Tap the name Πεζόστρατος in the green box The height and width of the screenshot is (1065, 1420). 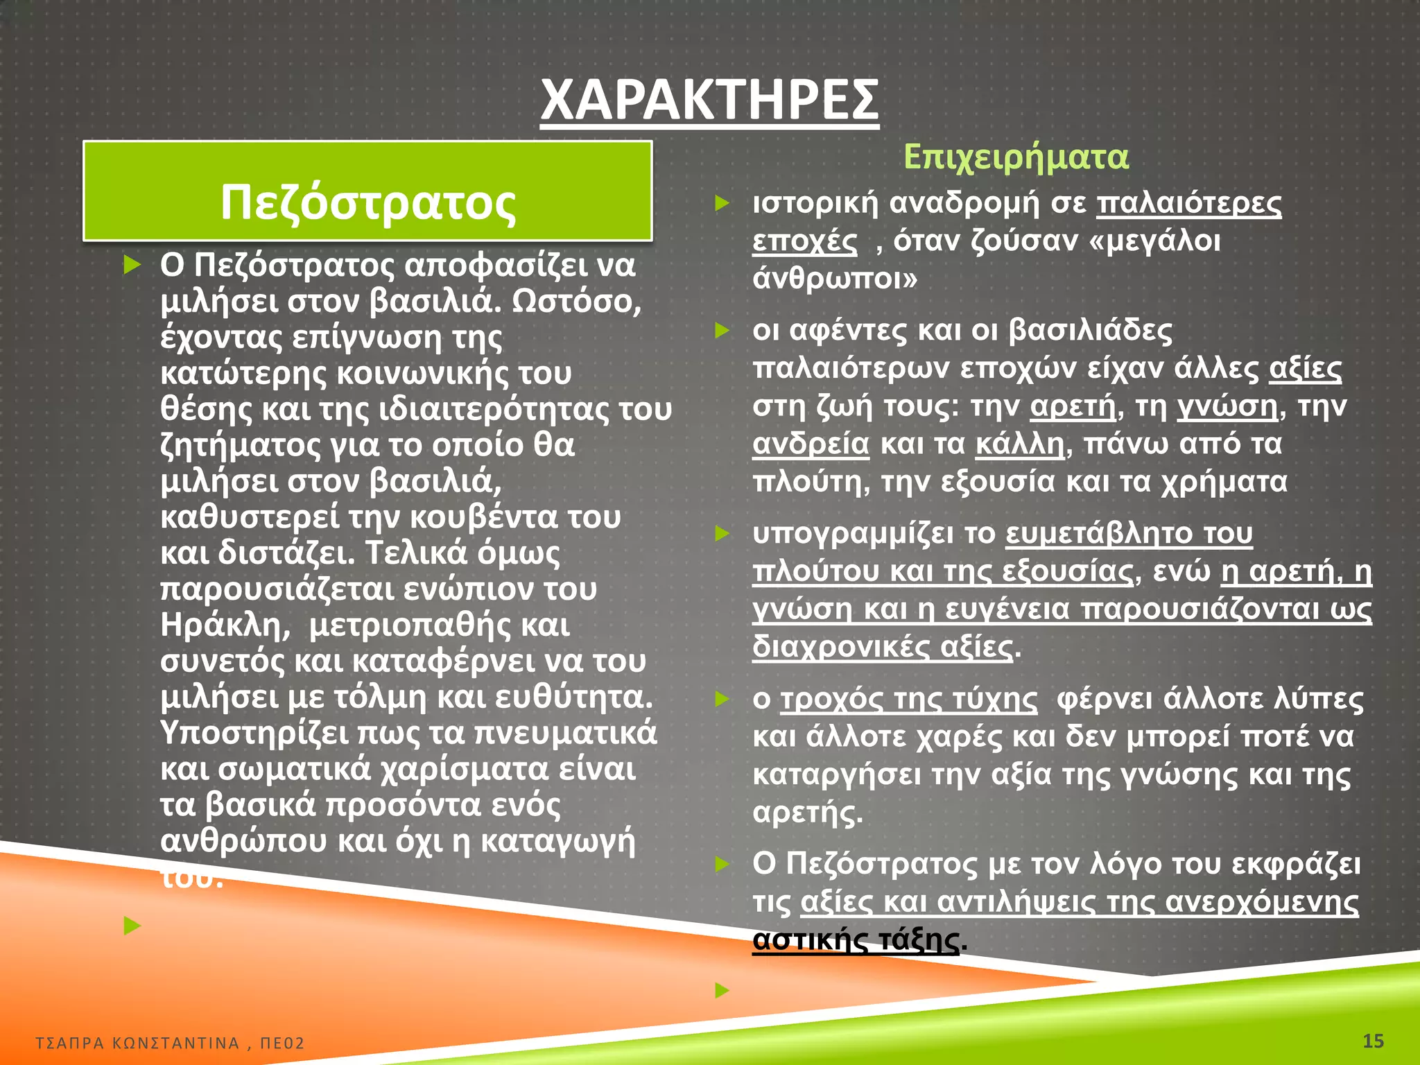point(368,202)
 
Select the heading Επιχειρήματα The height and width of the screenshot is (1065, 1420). point(1016,157)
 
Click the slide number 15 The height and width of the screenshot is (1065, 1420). point(1373,1041)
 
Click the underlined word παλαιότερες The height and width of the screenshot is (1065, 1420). point(1189,204)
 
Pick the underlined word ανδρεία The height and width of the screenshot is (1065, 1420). point(811,444)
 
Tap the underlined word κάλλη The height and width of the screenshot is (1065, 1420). point(1019,444)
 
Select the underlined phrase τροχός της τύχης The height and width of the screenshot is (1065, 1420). point(909,700)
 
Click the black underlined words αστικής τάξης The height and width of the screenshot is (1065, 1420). point(856,940)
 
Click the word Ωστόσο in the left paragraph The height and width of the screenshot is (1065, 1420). point(577,301)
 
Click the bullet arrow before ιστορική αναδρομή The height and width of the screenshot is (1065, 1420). point(722,204)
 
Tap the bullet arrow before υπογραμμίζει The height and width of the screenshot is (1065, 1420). point(722,534)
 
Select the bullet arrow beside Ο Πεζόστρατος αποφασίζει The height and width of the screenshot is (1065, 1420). point(132,265)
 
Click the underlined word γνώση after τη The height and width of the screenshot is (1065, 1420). point(1227,406)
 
